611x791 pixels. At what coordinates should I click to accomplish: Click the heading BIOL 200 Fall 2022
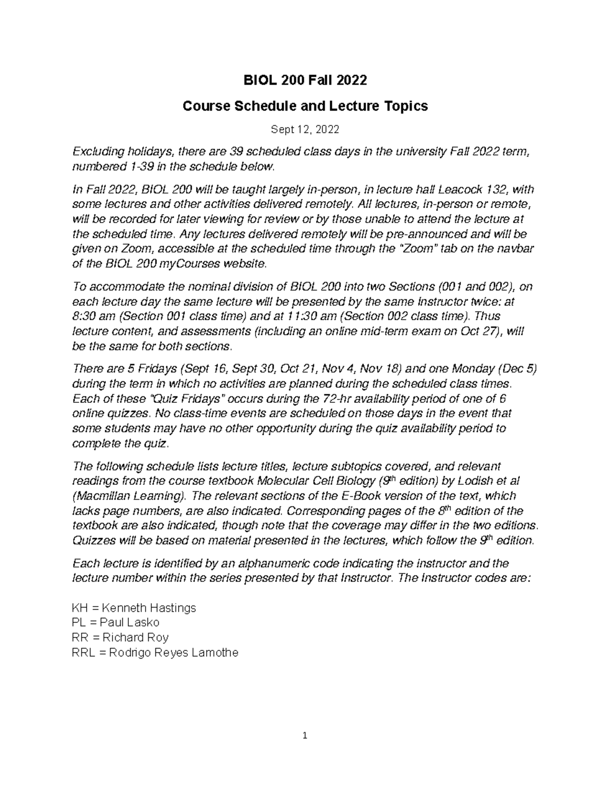click(x=305, y=80)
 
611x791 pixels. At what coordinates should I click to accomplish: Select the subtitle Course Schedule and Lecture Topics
click(x=305, y=106)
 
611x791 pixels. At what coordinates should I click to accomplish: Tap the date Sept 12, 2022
click(x=305, y=130)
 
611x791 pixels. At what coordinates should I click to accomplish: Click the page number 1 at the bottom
click(x=305, y=735)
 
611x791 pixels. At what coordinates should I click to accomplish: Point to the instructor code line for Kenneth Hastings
click(x=134, y=608)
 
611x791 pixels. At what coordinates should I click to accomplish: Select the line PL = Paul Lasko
click(x=116, y=622)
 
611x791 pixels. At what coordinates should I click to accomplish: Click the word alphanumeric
click(x=265, y=564)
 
